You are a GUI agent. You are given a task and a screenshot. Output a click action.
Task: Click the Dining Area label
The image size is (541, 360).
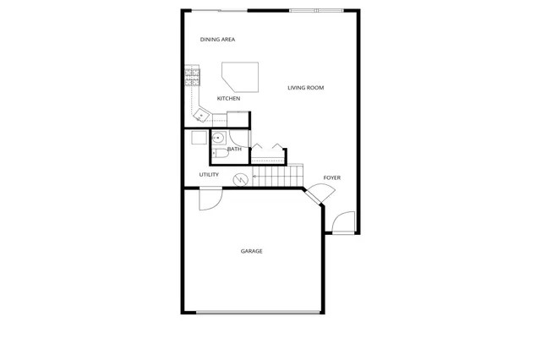[x=217, y=40]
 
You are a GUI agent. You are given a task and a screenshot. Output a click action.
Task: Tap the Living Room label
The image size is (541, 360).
[x=305, y=88]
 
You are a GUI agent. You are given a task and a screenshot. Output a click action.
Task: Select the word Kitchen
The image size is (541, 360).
[x=228, y=99]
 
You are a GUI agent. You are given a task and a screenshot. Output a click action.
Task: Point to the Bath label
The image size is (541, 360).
[x=234, y=150]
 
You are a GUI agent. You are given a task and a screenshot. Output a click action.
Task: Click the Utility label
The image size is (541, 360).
[x=209, y=175]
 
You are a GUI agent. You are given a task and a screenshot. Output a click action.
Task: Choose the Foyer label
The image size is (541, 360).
[x=332, y=177]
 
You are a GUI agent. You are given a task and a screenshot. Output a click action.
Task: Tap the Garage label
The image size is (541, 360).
[x=251, y=251]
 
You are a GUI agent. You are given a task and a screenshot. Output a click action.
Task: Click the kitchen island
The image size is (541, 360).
[x=240, y=77]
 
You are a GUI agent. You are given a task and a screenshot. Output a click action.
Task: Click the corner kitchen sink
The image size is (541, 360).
[x=201, y=115]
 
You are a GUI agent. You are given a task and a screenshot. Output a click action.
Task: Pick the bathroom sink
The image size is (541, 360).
[x=217, y=138]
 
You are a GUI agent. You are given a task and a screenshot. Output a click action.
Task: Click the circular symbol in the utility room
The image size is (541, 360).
[x=240, y=178]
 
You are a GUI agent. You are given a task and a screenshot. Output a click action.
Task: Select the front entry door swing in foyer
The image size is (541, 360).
[x=344, y=223]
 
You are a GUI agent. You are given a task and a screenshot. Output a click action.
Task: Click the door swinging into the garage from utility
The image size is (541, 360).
[x=209, y=199]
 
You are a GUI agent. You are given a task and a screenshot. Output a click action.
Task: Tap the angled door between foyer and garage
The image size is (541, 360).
[x=314, y=195]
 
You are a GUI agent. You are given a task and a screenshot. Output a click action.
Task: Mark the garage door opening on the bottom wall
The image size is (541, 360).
[x=259, y=314]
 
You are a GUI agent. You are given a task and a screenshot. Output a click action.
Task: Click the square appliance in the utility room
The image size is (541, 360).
[x=198, y=138]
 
